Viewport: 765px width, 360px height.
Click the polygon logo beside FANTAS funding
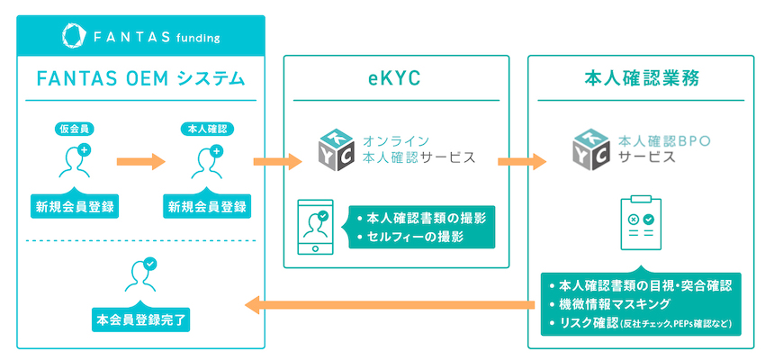74,35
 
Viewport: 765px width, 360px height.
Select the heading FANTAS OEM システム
140,78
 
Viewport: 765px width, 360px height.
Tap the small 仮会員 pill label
74,130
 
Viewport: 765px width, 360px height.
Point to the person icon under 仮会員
74,161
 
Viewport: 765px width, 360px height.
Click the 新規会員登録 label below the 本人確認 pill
207,206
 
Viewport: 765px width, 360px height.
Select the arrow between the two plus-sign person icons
141,161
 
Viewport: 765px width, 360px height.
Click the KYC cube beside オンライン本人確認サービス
336,149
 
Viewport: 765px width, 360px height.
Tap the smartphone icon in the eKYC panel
315,226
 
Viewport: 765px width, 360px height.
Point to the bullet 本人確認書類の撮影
421,218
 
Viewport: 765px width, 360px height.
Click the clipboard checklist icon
641,222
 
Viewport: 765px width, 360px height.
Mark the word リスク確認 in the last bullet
589,322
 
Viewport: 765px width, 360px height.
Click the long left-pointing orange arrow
390,306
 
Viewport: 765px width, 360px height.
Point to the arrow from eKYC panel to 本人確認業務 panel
522,161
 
